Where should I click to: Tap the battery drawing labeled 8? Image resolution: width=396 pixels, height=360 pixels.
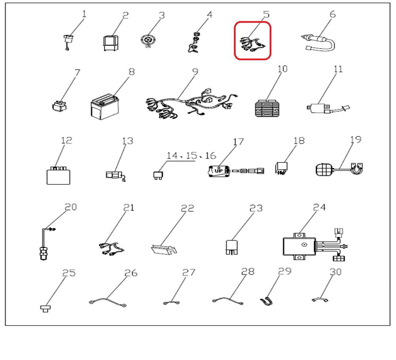click(105, 107)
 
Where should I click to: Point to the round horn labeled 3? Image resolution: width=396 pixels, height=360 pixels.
click(147, 41)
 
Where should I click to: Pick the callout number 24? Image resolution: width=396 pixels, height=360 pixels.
click(320, 207)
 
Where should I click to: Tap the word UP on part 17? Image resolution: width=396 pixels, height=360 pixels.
click(219, 171)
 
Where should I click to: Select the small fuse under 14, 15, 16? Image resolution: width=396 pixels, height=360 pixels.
click(158, 175)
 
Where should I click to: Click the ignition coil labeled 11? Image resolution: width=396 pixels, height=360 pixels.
click(328, 109)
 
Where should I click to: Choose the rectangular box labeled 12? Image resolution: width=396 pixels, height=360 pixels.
click(58, 175)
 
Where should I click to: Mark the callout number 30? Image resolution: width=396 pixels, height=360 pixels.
click(336, 272)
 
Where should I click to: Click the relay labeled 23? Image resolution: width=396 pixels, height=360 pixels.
click(232, 247)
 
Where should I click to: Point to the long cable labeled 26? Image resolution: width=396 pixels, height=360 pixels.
click(108, 302)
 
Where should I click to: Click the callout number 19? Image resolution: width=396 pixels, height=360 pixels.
click(356, 140)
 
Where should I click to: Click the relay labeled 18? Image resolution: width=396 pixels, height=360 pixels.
click(281, 168)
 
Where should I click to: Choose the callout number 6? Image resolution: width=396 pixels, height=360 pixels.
click(333, 14)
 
